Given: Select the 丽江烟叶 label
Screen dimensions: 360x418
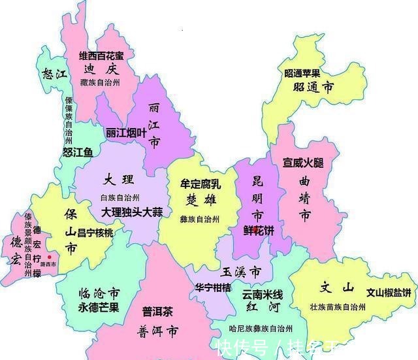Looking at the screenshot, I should tap(127, 133).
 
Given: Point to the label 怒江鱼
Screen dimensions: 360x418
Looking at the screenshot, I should tap(78, 152).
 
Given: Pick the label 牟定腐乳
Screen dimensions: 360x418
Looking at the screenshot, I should tap(200, 185).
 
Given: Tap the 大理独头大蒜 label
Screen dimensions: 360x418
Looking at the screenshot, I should tap(132, 212).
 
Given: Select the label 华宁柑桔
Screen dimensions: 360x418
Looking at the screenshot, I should tap(212, 287).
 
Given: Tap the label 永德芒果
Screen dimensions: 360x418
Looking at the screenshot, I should tap(98, 308).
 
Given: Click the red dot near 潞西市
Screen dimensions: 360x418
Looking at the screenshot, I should tap(49, 257).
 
